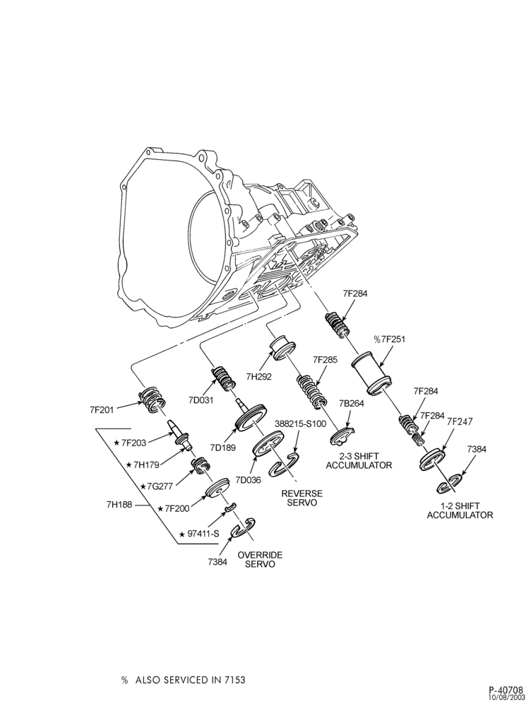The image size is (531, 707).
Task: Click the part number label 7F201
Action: pos(102,409)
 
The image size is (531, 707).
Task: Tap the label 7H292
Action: pos(259,376)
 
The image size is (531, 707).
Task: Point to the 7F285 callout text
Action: pos(324,360)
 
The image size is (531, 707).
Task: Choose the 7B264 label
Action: pos(352,404)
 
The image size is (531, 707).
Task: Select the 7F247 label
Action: pos(460,421)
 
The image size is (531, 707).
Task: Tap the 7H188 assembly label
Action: pos(119,504)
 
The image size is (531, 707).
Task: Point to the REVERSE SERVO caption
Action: pos(302,498)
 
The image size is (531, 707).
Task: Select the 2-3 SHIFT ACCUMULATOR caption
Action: pos(359,460)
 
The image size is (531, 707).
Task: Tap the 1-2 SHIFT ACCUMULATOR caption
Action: pos(460,510)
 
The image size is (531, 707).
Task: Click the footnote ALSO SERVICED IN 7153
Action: pos(191,667)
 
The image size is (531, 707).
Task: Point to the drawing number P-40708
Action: pos(506,690)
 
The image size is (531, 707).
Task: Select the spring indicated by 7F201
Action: pos(153,399)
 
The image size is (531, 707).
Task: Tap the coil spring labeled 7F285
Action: pos(311,392)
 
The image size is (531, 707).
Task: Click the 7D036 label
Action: pos(247,480)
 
